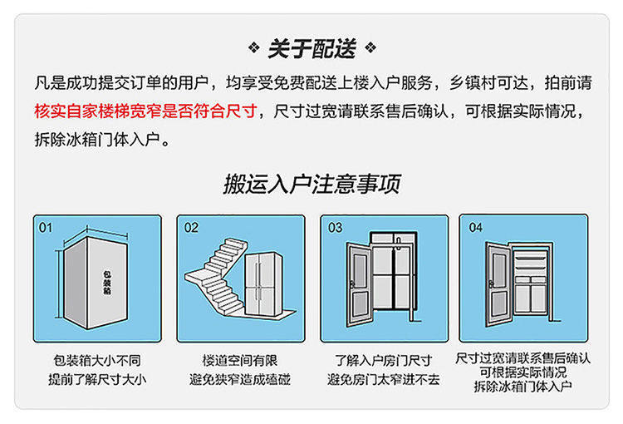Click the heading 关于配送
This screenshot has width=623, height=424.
tap(311, 49)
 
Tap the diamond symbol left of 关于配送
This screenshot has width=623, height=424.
tap(255, 47)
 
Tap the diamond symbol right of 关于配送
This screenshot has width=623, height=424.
tap(370, 47)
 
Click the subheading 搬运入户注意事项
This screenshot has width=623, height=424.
tap(311, 184)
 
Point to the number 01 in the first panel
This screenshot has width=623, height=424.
tap(46, 227)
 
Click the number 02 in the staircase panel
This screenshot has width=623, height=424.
tap(191, 227)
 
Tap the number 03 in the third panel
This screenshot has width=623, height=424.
tap(335, 227)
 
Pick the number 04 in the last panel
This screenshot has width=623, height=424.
tap(475, 227)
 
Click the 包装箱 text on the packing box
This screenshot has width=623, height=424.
tap(105, 283)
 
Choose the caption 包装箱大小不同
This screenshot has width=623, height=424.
tap(97, 361)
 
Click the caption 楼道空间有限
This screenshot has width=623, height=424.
tap(240, 361)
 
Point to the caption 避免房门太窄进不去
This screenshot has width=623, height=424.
tap(383, 380)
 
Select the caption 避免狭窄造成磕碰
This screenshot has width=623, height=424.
tap(240, 380)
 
